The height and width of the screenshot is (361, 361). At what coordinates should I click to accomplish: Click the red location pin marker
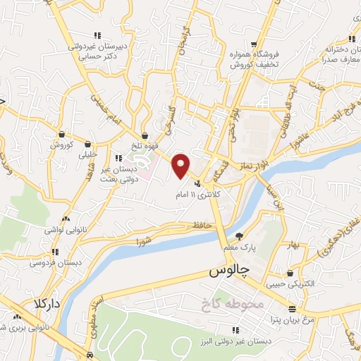[x=181, y=166]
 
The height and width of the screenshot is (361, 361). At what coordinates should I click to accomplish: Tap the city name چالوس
[x=230, y=271]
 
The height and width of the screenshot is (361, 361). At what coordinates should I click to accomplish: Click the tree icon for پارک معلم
[x=240, y=236]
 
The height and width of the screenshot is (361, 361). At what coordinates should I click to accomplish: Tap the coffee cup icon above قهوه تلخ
[x=145, y=135]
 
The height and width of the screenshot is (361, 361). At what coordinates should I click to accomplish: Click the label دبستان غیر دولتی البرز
[x=235, y=341]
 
